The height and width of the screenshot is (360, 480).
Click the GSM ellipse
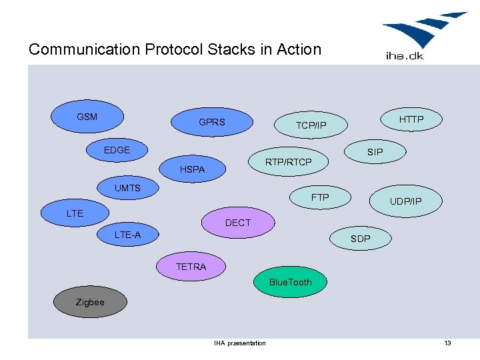[x=87, y=117]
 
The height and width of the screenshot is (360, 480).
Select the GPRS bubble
[x=212, y=122]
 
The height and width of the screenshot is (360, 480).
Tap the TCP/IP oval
[x=311, y=125]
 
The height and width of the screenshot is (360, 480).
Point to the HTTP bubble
[x=411, y=119]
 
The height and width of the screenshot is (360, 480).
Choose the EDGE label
[x=117, y=150]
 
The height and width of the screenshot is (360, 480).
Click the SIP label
[x=375, y=152]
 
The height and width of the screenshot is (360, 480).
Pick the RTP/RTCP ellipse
[x=288, y=161]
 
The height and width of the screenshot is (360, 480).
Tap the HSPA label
[x=192, y=170]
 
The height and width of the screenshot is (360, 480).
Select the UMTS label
[x=127, y=188]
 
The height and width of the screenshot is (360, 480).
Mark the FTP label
[x=320, y=197]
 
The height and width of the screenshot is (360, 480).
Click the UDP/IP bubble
[x=405, y=201]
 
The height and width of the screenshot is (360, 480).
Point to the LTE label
[x=75, y=213]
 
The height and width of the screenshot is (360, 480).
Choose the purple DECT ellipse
[x=238, y=223]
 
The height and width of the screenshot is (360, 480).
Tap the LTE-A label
[x=127, y=235]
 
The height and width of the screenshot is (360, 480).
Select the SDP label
[x=360, y=238]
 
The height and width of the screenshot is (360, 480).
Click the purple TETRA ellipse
[x=191, y=267]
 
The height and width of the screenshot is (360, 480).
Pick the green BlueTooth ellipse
[x=290, y=282]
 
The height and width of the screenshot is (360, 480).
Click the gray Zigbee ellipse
[x=90, y=302]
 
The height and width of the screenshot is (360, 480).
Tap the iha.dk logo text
[x=405, y=56]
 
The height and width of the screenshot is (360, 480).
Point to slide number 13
[x=447, y=343]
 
